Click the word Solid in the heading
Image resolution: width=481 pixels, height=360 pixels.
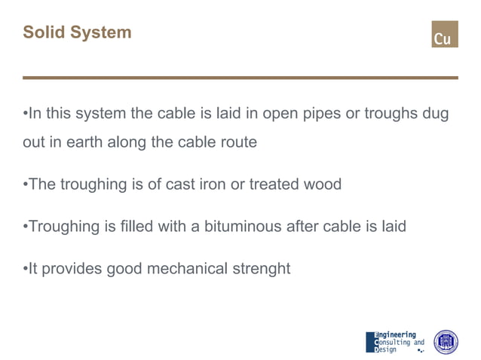point(43,32)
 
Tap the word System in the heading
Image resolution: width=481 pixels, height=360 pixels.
point(99,32)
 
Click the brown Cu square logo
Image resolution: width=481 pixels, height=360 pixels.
point(444,34)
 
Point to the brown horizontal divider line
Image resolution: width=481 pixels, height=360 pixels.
point(240,78)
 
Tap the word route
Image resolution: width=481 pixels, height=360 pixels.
point(237,142)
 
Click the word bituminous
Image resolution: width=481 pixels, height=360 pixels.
point(242,226)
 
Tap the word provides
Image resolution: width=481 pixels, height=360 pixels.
point(70,269)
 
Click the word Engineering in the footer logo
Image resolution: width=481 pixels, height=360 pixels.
point(397,334)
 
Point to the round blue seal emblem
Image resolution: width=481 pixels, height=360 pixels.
point(446,342)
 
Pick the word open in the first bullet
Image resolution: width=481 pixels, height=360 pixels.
point(272,114)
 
